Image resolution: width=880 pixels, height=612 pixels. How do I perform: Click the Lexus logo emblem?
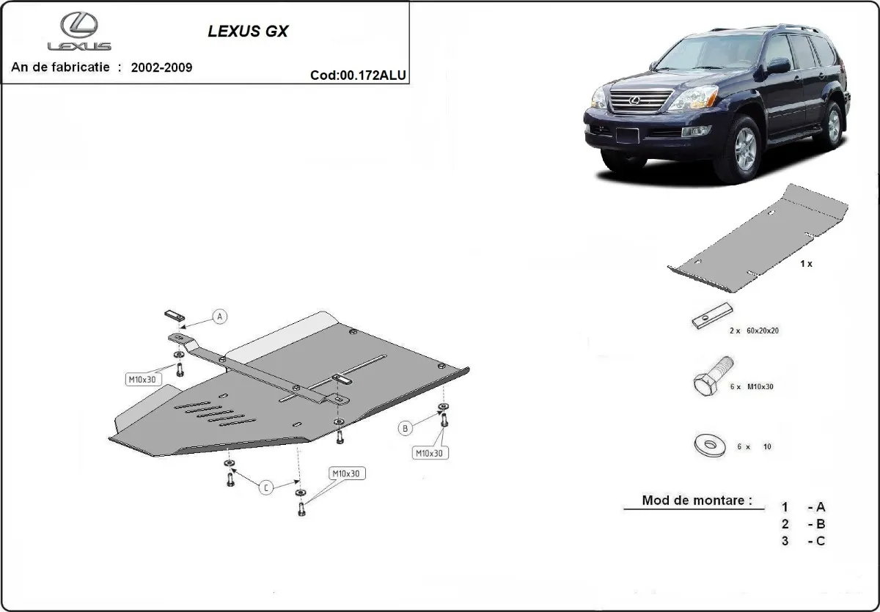(79, 27)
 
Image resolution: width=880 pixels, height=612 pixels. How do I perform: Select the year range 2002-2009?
(161, 67)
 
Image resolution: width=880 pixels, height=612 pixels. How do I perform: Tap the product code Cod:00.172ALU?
(359, 75)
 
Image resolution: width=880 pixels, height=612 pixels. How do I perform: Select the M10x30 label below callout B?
(430, 453)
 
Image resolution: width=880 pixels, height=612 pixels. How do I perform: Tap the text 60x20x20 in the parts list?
(763, 331)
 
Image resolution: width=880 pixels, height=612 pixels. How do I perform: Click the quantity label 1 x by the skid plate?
(806, 263)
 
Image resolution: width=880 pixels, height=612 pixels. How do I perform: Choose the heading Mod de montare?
(697, 501)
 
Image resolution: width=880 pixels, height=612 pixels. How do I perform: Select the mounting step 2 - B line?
(804, 523)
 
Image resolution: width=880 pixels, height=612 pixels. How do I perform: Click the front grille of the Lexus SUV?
(640, 102)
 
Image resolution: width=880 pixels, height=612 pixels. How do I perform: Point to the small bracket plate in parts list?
(709, 316)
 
